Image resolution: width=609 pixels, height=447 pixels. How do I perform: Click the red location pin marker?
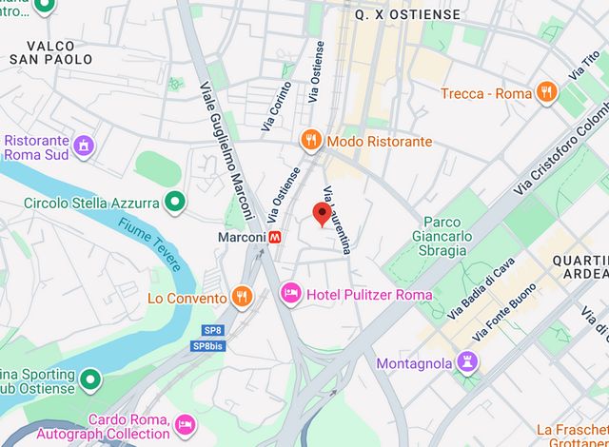(323, 213)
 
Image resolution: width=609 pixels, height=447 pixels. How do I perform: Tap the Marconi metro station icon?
(274, 237)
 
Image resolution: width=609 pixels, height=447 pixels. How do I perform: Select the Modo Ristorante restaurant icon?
(310, 141)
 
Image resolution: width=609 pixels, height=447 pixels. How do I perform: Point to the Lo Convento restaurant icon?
(243, 298)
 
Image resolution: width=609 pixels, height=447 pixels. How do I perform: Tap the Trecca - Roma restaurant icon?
(546, 93)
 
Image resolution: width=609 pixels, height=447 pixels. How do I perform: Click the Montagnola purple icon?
(466, 362)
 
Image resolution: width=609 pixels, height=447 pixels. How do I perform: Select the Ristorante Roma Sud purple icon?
(85, 146)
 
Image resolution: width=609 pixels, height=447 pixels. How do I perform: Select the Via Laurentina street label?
(338, 220)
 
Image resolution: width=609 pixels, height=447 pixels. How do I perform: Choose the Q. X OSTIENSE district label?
(406, 15)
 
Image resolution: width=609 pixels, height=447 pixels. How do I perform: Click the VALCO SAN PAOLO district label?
(51, 52)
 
